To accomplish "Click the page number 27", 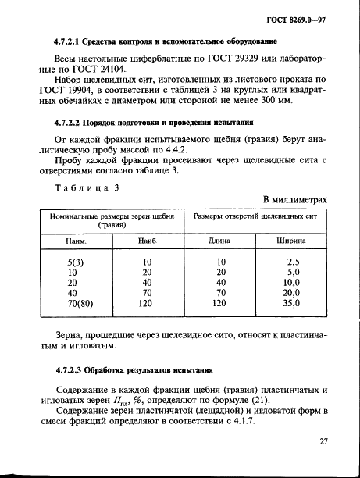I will coord(322,441).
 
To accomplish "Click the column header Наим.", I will coord(73,241).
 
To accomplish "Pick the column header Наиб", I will coord(147,241).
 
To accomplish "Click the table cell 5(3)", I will coord(73,262).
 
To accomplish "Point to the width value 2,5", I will coord(294,262).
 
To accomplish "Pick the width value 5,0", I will coord(294,273).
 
